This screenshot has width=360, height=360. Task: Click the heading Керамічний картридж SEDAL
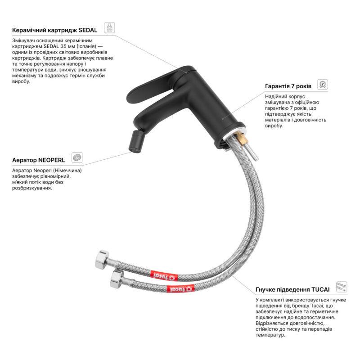point(54,30)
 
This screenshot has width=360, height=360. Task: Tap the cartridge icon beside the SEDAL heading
point(109,27)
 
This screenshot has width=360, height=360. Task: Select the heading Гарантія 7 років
point(288,86)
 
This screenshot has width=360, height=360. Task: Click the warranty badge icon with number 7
point(323,84)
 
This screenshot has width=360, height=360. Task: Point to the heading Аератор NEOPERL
point(39,160)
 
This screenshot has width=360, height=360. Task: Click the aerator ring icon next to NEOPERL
point(77,157)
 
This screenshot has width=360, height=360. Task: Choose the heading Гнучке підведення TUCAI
point(292,289)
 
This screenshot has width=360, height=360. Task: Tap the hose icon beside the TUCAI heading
point(342,287)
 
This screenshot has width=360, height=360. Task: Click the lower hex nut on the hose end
point(117,279)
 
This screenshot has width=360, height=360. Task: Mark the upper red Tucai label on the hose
point(164,276)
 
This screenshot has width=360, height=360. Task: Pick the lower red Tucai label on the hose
point(180,288)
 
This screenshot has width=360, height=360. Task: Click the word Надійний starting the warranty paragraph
point(275,96)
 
